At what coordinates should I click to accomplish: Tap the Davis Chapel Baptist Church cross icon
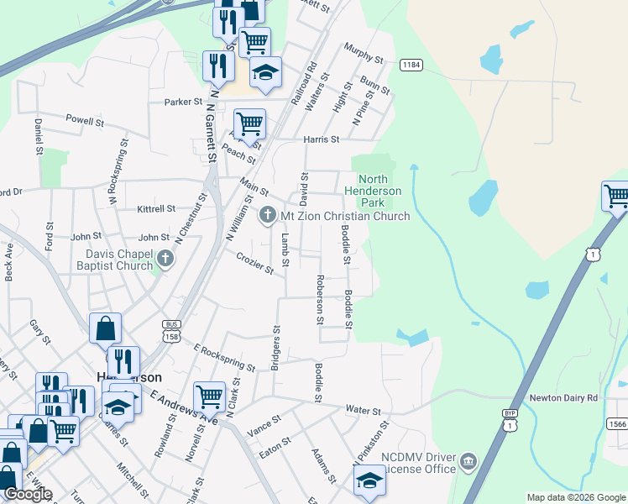(x=165, y=258)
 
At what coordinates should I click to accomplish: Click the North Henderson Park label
(x=373, y=191)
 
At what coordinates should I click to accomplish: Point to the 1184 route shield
(x=411, y=65)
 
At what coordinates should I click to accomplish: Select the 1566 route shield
(x=617, y=424)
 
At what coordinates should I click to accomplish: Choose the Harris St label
(x=322, y=139)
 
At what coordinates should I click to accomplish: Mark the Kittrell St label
(x=155, y=208)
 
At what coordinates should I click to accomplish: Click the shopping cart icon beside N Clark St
(x=209, y=396)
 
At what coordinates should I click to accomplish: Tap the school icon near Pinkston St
(x=368, y=481)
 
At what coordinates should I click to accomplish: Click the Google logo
(x=28, y=494)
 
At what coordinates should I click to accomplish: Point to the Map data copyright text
(x=575, y=497)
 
